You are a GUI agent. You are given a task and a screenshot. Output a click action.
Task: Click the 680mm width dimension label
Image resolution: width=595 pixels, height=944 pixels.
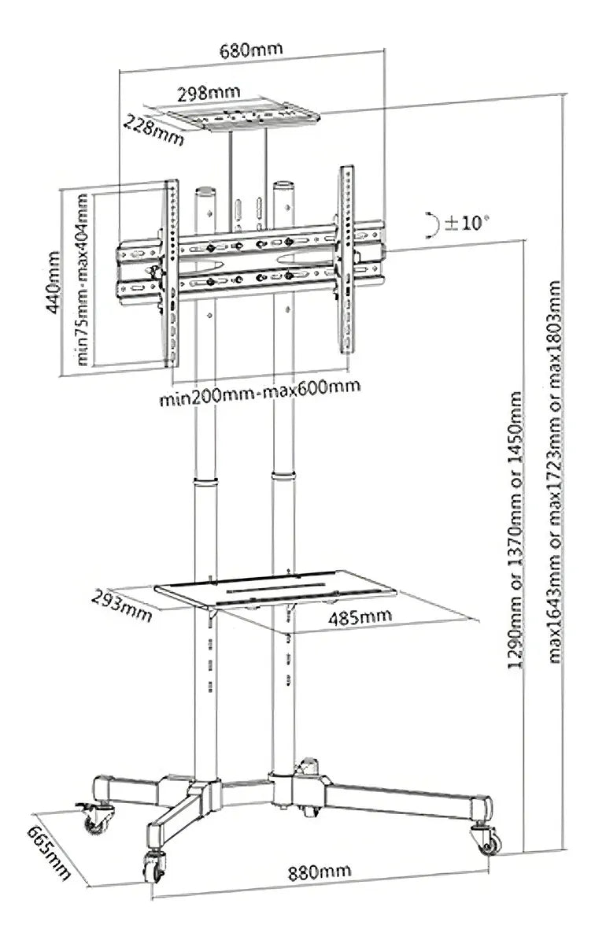(252, 49)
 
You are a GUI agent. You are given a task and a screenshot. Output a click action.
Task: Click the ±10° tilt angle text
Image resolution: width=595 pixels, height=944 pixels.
(467, 223)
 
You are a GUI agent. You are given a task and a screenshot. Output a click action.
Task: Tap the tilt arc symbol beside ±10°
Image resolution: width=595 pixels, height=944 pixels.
(431, 224)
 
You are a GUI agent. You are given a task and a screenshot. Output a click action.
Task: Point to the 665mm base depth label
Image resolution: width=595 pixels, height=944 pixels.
(49, 853)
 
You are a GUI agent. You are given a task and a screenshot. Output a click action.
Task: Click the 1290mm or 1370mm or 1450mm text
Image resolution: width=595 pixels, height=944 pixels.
(516, 531)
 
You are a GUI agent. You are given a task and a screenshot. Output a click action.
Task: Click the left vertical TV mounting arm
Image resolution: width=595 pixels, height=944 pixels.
(170, 272)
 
